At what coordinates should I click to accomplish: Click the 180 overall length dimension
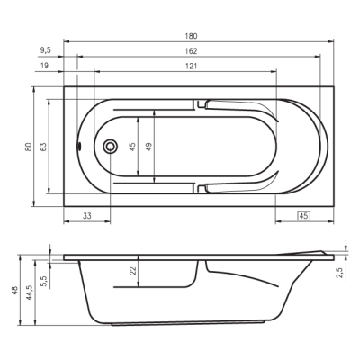(x=191, y=36)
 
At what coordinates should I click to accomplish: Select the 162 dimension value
(x=191, y=51)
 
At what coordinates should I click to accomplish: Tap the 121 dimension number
(x=191, y=66)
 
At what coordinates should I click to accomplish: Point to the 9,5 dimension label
(x=45, y=50)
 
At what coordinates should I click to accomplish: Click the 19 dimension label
(x=44, y=65)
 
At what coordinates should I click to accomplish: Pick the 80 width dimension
(x=28, y=147)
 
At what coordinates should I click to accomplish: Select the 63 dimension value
(x=43, y=147)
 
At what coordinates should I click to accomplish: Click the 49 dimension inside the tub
(x=148, y=147)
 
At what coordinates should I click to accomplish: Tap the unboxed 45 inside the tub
(x=133, y=147)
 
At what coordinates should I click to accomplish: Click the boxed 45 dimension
(x=303, y=216)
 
